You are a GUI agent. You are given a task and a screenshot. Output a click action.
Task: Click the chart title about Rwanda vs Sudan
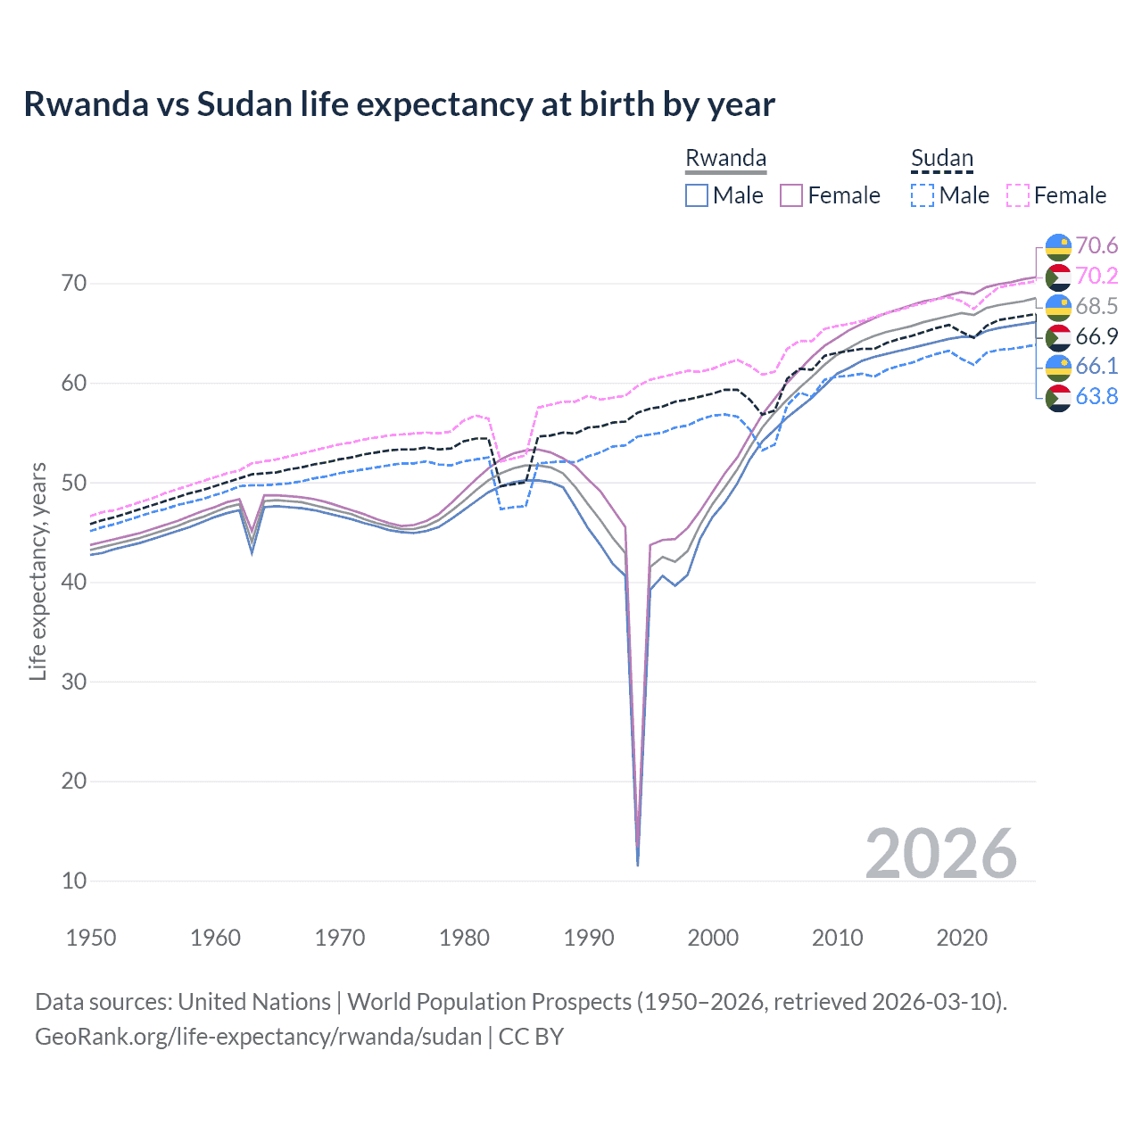pos(399,104)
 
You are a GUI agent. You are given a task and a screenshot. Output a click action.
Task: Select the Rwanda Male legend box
pos(697,195)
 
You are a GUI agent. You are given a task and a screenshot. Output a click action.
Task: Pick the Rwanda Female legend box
pos(791,195)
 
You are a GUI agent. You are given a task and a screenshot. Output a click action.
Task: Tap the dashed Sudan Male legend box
pos(923,195)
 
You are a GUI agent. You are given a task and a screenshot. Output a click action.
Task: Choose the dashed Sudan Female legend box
pos(1018,195)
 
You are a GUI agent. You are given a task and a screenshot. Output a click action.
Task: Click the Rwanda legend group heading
pos(725,158)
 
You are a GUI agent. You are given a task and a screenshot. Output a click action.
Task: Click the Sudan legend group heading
pos(941,158)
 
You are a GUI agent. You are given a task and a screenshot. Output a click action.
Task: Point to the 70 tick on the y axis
pos(74,284)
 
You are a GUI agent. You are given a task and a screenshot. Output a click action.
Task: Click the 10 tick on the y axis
pos(74,881)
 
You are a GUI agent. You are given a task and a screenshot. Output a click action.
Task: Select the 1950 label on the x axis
pos(91,938)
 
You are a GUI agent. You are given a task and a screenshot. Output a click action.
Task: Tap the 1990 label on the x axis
pos(589,938)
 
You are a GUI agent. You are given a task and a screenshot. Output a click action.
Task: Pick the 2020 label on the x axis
pos(962,938)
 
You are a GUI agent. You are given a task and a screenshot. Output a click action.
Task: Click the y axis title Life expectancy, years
pos(37,571)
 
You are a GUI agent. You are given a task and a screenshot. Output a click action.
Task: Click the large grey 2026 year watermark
pos(940,854)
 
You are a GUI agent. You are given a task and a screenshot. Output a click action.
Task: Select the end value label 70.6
pos(1096,245)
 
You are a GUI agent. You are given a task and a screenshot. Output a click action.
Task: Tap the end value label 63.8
pos(1096,396)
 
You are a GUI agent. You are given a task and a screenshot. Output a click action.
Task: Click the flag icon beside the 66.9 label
pos(1058,336)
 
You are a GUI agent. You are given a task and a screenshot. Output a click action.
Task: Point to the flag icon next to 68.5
pos(1058,306)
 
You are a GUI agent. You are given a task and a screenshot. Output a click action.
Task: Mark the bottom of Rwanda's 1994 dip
pos(637,864)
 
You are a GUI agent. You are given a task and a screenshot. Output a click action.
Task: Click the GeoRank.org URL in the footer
pos(258,1037)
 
